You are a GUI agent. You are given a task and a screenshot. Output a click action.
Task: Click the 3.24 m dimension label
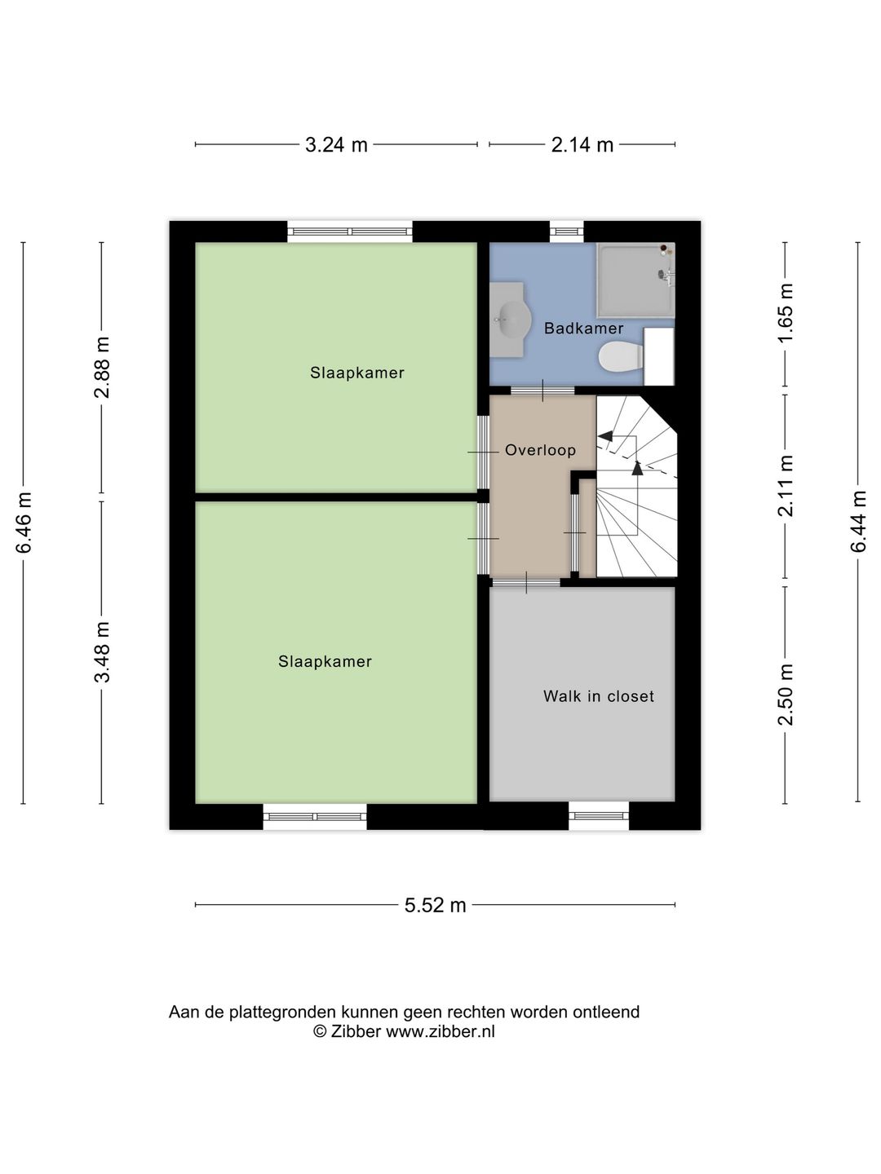(336, 144)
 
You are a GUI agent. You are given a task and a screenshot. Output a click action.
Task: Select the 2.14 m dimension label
(582, 144)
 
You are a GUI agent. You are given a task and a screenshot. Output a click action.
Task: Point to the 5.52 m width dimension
(435, 905)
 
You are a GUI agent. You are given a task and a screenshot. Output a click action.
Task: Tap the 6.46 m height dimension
(24, 522)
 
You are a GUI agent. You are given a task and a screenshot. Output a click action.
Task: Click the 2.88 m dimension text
(102, 368)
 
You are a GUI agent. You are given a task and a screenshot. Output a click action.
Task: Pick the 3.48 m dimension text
(102, 652)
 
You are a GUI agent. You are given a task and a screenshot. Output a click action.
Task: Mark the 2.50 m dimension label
(786, 695)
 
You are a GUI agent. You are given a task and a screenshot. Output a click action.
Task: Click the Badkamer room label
(583, 329)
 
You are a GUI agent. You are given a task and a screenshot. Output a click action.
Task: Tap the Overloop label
(540, 450)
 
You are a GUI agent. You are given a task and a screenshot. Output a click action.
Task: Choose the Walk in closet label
(599, 696)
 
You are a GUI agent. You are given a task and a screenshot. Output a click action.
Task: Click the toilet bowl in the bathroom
(621, 357)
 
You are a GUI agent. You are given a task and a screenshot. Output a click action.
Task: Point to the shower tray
(635, 280)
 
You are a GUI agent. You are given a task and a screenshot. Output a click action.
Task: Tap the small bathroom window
(567, 232)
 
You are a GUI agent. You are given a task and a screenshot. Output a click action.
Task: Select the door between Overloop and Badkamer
(542, 391)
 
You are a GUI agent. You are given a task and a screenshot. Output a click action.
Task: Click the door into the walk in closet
(526, 582)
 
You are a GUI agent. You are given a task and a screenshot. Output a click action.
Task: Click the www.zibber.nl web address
(440, 1031)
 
